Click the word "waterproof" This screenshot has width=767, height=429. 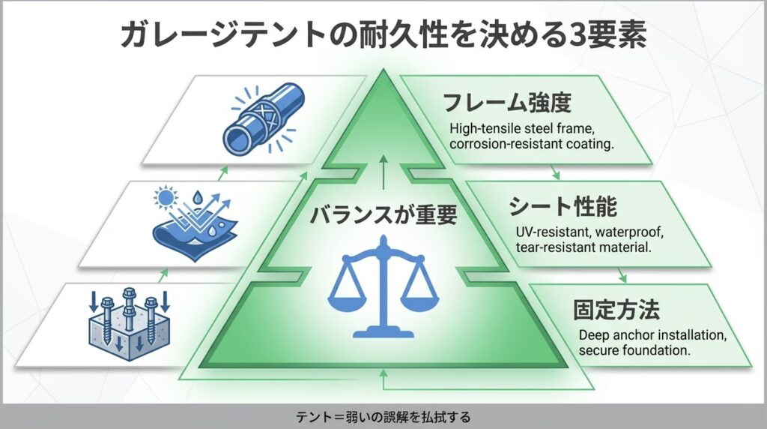607,232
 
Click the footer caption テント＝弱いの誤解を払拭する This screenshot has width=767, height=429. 383,416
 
